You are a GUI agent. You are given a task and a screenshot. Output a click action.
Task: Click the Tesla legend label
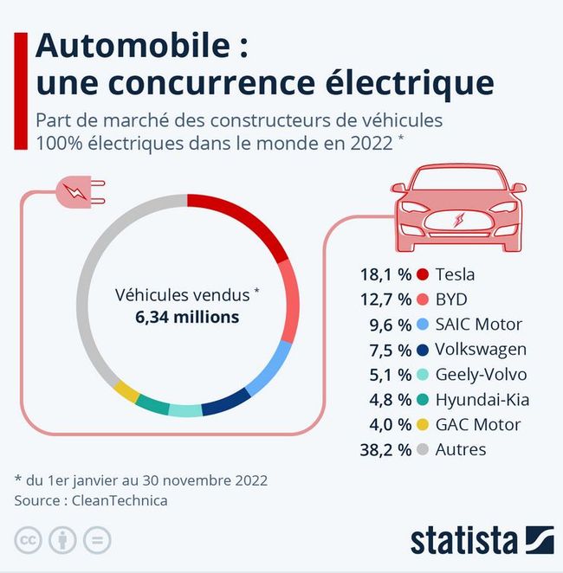pos(456,274)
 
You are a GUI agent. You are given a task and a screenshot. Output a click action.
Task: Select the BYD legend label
pos(452,299)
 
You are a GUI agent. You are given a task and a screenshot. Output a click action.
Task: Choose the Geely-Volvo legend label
pos(482,375)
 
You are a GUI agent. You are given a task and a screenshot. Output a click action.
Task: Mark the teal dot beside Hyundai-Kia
pos(422,400)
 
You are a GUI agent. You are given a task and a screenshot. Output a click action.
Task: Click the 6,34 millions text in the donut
pos(187,317)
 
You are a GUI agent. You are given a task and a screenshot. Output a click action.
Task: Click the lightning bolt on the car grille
pos(457,219)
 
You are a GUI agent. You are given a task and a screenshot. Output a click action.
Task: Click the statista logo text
pos(463,538)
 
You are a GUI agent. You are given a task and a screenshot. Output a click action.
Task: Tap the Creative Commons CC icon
pos(28,540)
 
